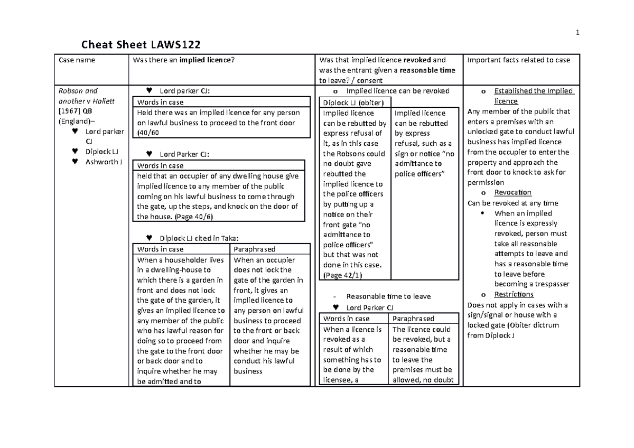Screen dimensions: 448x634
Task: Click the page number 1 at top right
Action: [x=578, y=33]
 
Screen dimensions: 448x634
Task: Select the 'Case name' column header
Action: [x=77, y=60]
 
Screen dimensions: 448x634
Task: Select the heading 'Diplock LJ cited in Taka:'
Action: [x=195, y=238]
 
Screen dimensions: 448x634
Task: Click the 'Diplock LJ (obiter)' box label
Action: [x=349, y=102]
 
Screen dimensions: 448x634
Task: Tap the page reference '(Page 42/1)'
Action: [x=342, y=275]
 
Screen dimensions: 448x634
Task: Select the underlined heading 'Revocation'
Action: [x=512, y=193]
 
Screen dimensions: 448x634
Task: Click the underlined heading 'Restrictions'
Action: [x=514, y=294]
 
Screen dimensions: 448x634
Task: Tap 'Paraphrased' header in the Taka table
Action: [x=254, y=249]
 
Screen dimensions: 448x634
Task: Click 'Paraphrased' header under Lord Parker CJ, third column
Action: [x=413, y=319]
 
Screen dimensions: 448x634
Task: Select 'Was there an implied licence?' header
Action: [x=183, y=60]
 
